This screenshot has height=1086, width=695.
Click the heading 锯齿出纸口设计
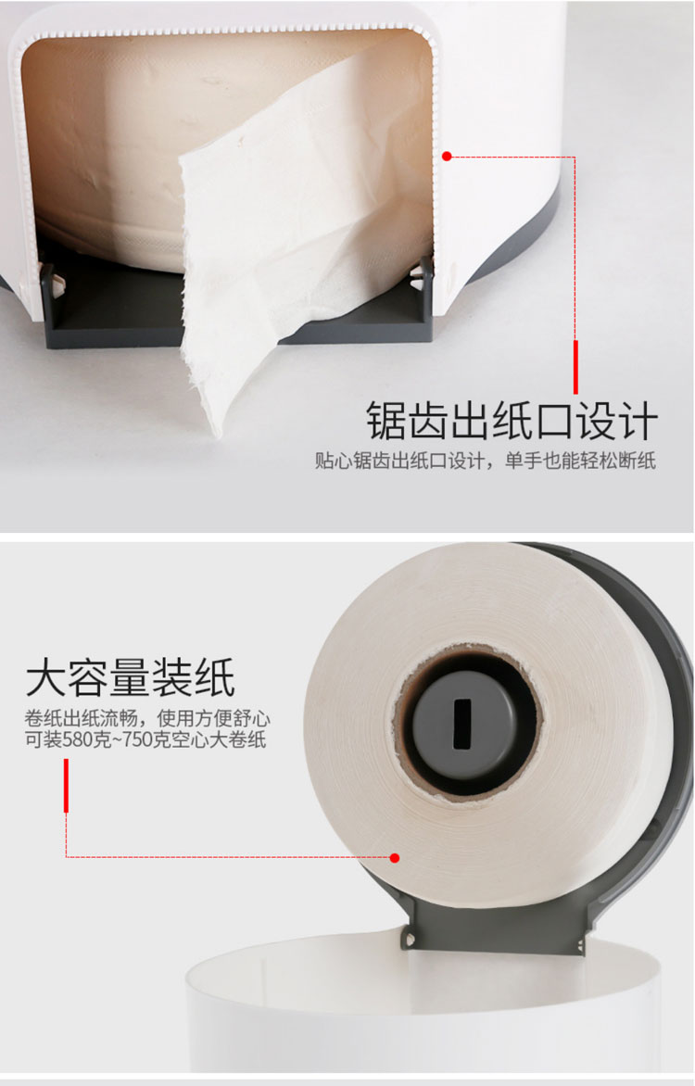512,421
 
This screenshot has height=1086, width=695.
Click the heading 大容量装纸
130,678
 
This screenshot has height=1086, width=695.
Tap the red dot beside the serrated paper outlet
447,157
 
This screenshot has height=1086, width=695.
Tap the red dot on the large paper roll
394,857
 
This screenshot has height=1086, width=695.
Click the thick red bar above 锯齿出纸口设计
575,367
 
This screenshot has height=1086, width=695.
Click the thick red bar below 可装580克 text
66,786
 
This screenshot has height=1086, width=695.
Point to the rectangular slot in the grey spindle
461,723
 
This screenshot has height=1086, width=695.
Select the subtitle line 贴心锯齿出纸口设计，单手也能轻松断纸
485,461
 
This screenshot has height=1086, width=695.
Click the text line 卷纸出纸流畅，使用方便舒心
147,718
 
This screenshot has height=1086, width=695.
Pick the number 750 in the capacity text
138,739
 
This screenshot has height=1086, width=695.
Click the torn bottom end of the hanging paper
211,415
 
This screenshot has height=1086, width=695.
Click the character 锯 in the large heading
385,421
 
